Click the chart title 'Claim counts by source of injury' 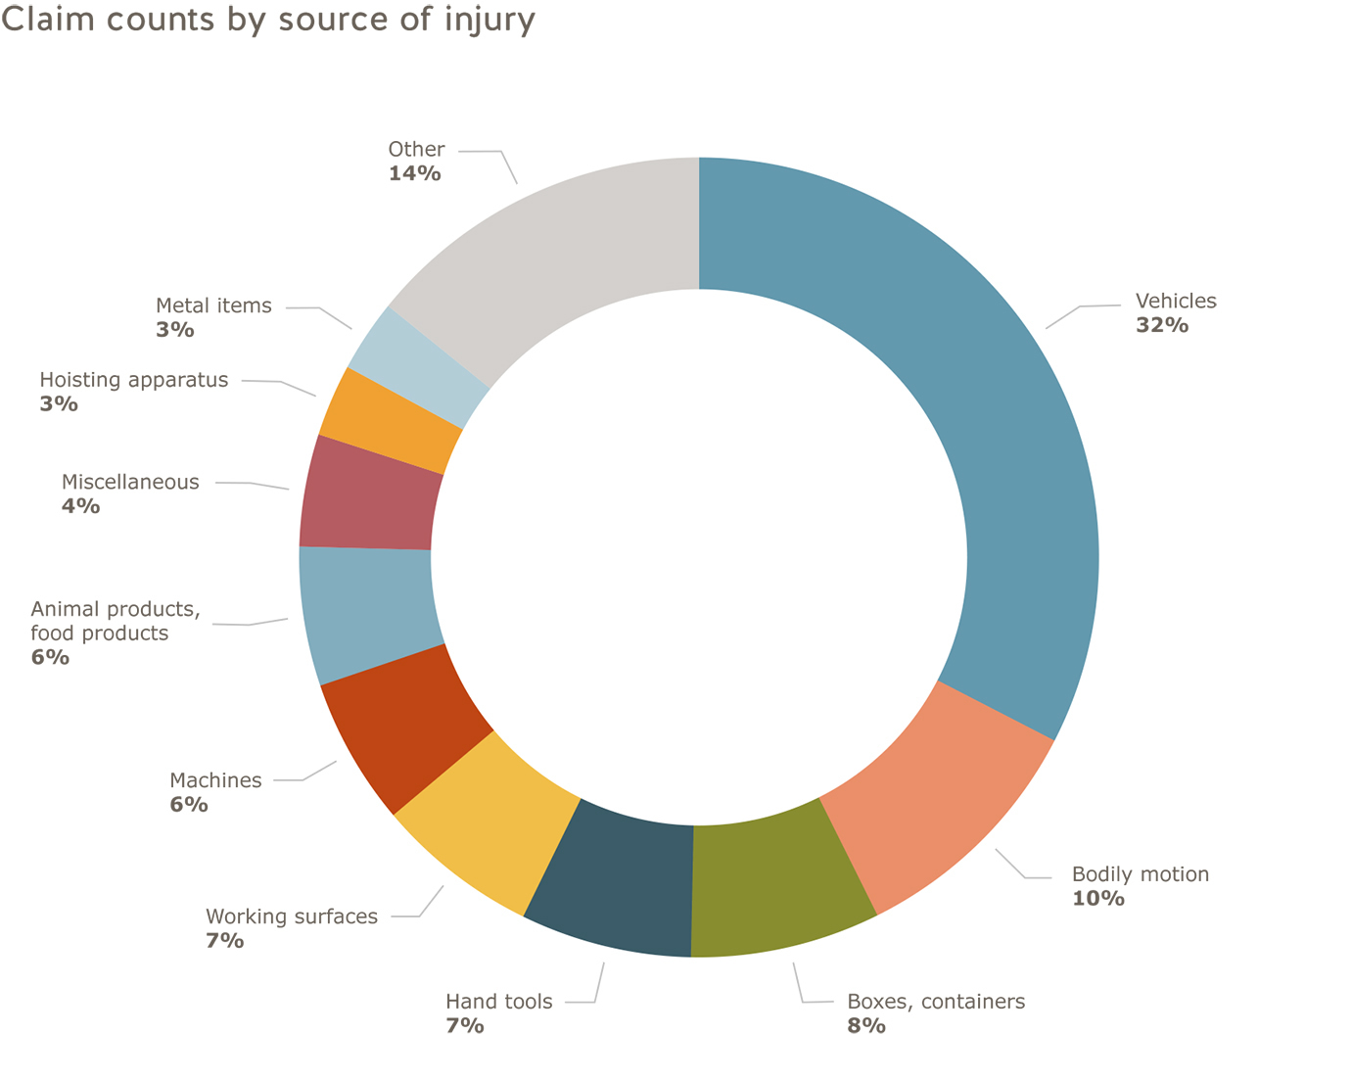(x=268, y=20)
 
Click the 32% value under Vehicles (x=1162, y=325)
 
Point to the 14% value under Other (x=414, y=173)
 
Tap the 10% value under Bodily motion (x=1097, y=898)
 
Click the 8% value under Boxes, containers (x=866, y=1025)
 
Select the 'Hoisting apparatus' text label (x=134, y=380)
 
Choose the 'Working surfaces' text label (x=292, y=916)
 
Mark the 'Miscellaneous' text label (x=130, y=482)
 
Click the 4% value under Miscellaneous (x=80, y=506)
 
